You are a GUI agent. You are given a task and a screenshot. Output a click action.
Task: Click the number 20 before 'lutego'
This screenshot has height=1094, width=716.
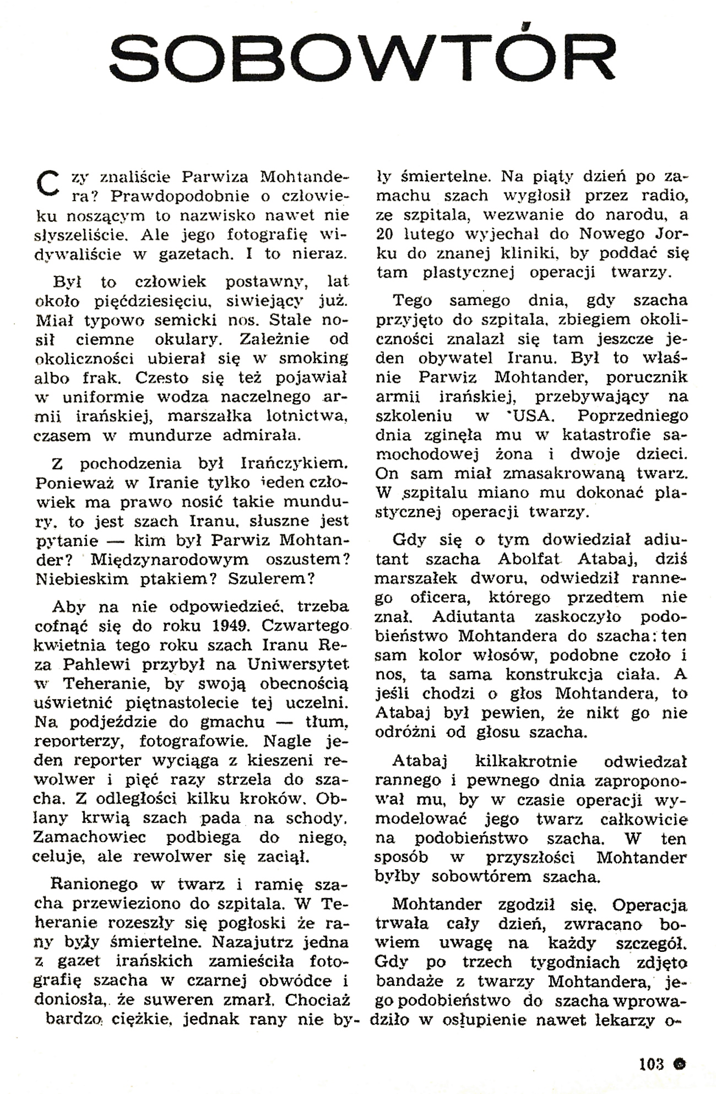pos(387,234)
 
